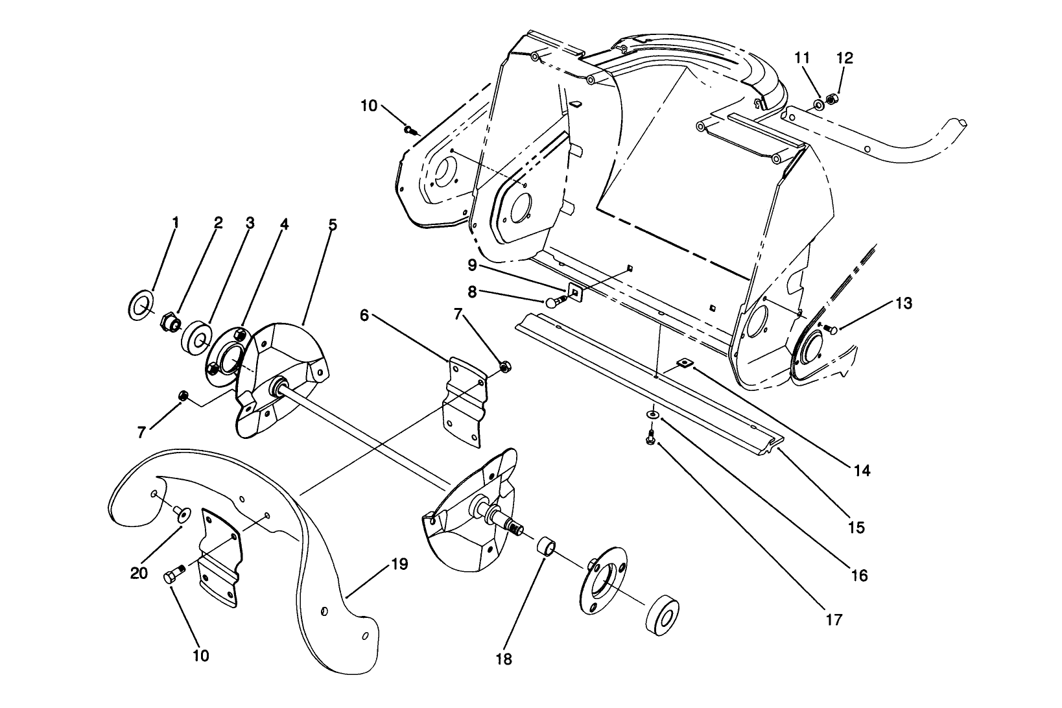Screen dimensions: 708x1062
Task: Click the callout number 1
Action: [175, 222]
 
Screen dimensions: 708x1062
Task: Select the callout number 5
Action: [332, 225]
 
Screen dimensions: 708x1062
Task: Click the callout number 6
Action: [364, 315]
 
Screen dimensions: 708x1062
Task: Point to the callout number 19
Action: [399, 564]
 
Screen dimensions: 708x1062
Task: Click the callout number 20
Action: [139, 573]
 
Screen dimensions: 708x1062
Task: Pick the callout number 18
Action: [504, 659]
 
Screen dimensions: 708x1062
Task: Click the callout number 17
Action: [834, 620]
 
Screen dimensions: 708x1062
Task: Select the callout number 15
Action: [856, 528]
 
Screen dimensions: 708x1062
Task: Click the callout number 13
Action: [904, 303]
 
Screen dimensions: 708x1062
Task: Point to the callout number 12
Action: [845, 58]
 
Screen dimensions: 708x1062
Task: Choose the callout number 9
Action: [472, 265]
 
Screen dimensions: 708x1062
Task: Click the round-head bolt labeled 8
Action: [553, 301]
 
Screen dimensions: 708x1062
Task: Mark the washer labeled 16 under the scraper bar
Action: [651, 414]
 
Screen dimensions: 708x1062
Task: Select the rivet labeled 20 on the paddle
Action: [180, 513]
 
